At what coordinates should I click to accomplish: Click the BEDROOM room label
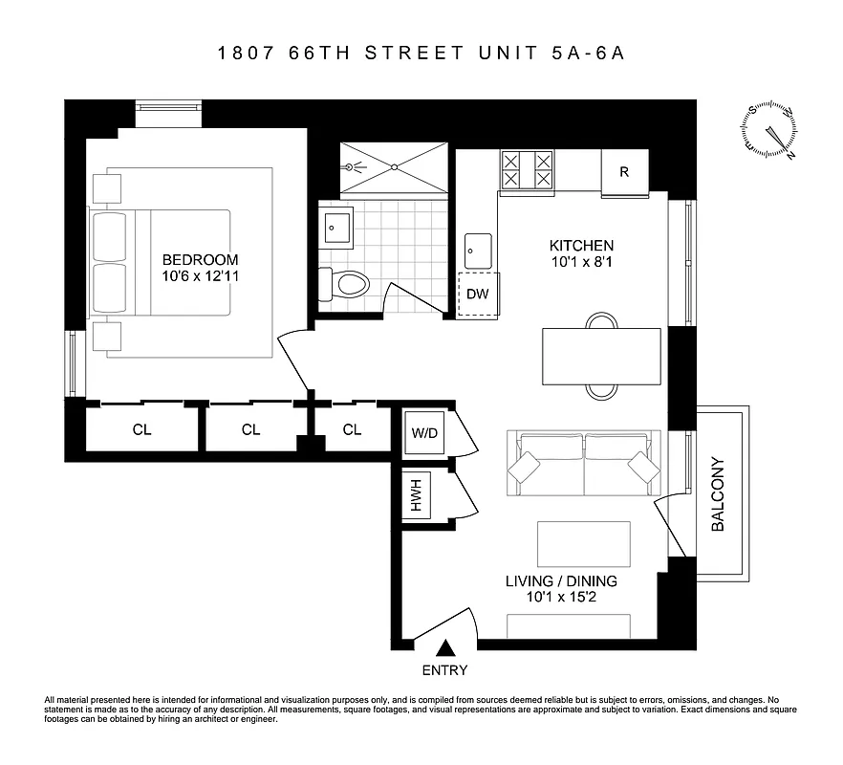pyautogui.click(x=200, y=259)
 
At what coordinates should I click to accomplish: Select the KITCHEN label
pyautogui.click(x=581, y=245)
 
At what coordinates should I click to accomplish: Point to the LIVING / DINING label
pyautogui.click(x=560, y=580)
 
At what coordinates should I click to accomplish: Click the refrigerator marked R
pyautogui.click(x=624, y=173)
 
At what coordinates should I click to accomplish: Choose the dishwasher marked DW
pyautogui.click(x=478, y=295)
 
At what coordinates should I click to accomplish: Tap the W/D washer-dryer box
pyautogui.click(x=424, y=432)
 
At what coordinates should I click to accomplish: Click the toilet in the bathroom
pyautogui.click(x=345, y=283)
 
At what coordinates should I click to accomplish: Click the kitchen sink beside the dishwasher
pyautogui.click(x=478, y=251)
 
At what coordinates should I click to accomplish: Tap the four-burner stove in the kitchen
pyautogui.click(x=528, y=170)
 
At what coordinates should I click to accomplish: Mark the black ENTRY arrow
pyautogui.click(x=444, y=650)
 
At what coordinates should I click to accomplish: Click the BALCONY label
pyautogui.click(x=719, y=494)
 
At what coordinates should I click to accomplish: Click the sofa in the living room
pyautogui.click(x=584, y=463)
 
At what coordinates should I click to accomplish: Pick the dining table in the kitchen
pyautogui.click(x=601, y=356)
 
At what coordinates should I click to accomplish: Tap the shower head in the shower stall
pyautogui.click(x=359, y=166)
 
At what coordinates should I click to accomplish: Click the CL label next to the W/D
pyautogui.click(x=352, y=429)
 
